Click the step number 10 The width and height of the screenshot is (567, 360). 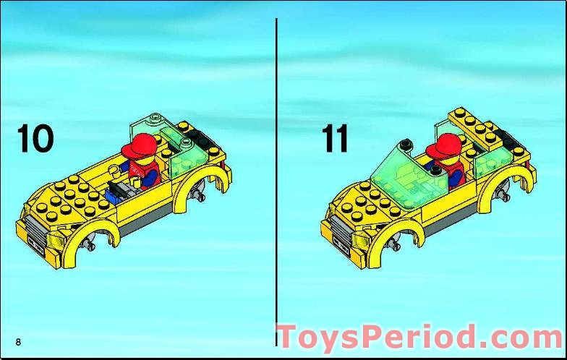tap(35, 138)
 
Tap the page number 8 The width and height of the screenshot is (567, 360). tap(18, 341)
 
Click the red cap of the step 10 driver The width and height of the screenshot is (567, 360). tap(139, 146)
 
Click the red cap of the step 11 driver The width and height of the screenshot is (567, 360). tap(443, 146)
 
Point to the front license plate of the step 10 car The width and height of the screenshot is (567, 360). tap(36, 244)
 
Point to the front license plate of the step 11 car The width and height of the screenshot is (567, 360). tap(341, 244)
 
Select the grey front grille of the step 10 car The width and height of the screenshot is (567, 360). tap(35, 228)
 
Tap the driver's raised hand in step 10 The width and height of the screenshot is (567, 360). tap(114, 169)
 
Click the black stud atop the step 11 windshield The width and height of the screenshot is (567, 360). tap(406, 144)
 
